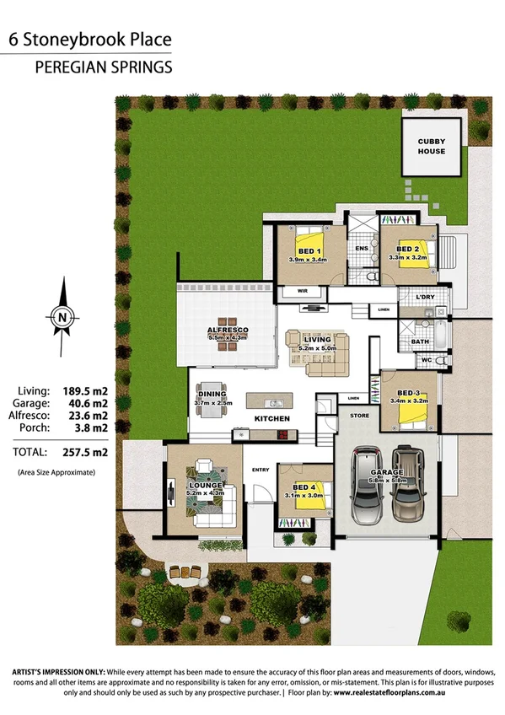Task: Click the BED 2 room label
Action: (x=408, y=250)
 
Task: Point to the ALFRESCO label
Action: (x=225, y=331)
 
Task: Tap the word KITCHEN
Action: (x=271, y=419)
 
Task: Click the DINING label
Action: (x=211, y=394)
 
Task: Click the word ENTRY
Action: (x=260, y=470)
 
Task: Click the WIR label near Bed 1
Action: (x=302, y=291)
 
